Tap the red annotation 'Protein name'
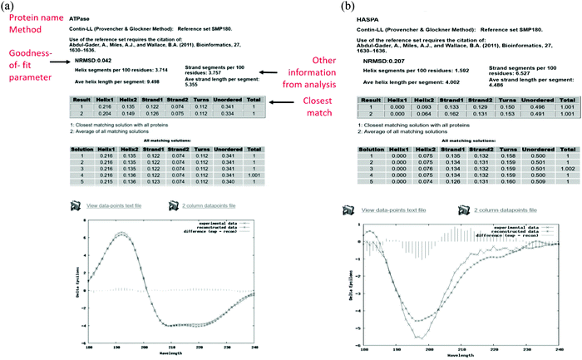28,17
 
